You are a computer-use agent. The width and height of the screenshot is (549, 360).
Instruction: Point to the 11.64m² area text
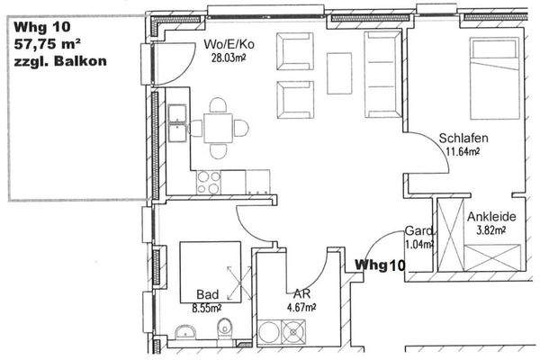pyautogui.click(x=463, y=151)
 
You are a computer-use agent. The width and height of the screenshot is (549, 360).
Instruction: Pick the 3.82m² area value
pyautogui.click(x=490, y=230)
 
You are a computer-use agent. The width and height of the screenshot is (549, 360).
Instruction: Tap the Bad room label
pyautogui.click(x=207, y=293)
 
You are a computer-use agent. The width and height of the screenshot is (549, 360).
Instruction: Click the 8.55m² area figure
pyautogui.click(x=208, y=307)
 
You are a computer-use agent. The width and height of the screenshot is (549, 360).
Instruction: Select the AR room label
pyautogui.click(x=301, y=293)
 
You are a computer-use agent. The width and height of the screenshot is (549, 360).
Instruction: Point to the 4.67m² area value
pyautogui.click(x=301, y=307)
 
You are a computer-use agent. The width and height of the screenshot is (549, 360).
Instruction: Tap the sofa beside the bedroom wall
pyautogui.click(x=380, y=75)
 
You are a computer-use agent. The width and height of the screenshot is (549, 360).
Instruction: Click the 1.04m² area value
pyautogui.click(x=418, y=244)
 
